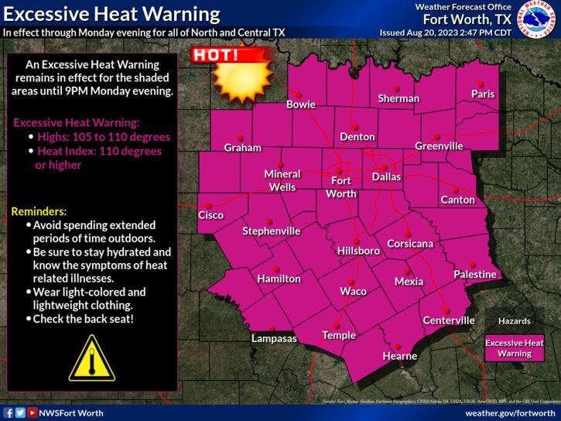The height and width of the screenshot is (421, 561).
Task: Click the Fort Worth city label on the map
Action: pyautogui.click(x=341, y=187)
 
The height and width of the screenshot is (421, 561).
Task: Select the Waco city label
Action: pyautogui.click(x=353, y=291)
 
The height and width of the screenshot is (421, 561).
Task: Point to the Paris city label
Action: pyautogui.click(x=483, y=94)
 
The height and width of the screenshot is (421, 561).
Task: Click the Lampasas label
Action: pyautogui.click(x=274, y=338)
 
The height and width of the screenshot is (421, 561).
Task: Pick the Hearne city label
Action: pyautogui.click(x=400, y=356)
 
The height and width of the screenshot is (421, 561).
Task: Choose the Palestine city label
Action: pyautogui.click(x=474, y=274)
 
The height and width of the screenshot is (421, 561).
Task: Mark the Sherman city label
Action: pyautogui.click(x=399, y=98)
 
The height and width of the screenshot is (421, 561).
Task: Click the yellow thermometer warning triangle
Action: pyautogui.click(x=91, y=358)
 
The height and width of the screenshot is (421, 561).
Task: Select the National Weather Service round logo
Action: pyautogui.click(x=536, y=21)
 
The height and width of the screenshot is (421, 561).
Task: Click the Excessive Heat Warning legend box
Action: pyautogui.click(x=515, y=348)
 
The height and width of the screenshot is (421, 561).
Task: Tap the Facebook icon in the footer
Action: pyautogui.click(x=8, y=413)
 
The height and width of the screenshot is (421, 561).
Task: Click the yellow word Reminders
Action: pyautogui.click(x=39, y=211)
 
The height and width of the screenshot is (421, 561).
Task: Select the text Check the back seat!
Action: pyautogui.click(x=84, y=318)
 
